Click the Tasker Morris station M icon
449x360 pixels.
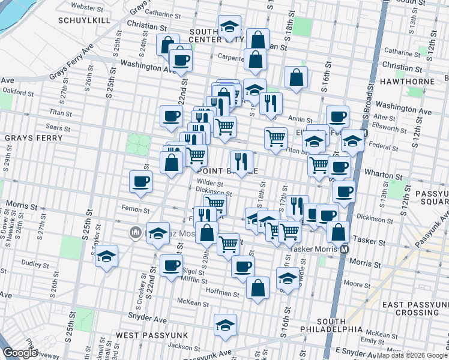pyautogui.click(x=344, y=249)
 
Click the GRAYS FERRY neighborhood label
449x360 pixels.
pyautogui.click(x=34, y=138)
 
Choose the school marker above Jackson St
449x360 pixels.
pyautogui.click(x=226, y=325)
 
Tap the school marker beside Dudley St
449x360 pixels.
pyautogui.click(x=106, y=256)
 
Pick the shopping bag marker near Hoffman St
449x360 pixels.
pyautogui.click(x=258, y=287)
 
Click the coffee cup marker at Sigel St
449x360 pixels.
pyautogui.click(x=171, y=265)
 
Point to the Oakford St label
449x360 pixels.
pyautogui.click(x=16, y=92)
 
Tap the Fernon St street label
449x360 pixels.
pyautogui.click(x=134, y=210)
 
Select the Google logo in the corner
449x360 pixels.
pyautogui.click(x=20, y=353)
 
